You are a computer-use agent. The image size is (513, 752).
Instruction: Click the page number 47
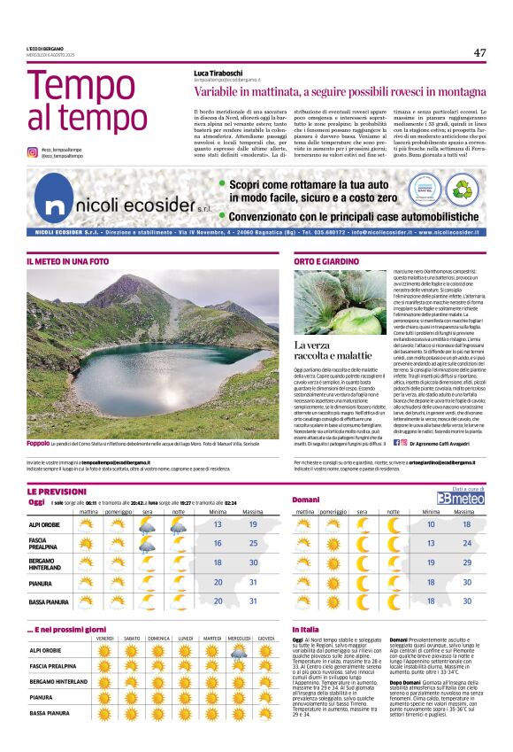[x=479, y=53]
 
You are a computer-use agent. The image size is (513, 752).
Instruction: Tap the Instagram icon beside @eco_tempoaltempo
[x=33, y=152]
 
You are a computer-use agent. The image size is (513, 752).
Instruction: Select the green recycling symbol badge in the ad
[x=462, y=188]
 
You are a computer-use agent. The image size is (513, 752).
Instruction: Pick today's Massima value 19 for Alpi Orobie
[x=253, y=524]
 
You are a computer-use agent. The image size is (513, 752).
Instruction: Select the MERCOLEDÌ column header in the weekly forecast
[x=239, y=639]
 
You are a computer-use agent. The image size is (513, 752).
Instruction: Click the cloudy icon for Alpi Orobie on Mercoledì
[x=239, y=652]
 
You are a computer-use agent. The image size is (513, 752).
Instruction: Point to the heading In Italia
[x=305, y=629]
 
